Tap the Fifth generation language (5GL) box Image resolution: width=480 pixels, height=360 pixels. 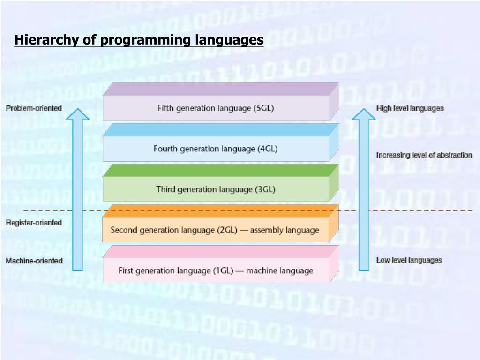[x=216, y=108]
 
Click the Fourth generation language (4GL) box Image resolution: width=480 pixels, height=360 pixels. [x=216, y=149]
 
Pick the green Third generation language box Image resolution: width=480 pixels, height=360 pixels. [x=216, y=189]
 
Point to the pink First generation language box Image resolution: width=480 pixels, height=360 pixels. [x=216, y=270]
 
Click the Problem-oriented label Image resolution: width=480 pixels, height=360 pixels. [x=34, y=108]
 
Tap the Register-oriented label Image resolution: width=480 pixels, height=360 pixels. [x=34, y=223]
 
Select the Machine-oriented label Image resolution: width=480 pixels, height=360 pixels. [x=34, y=261]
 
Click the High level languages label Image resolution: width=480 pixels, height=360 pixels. [x=410, y=108]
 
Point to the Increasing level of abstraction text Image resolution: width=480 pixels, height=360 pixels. [x=424, y=155]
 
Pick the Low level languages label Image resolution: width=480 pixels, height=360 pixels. [x=409, y=260]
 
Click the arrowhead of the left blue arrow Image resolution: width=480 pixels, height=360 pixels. [x=77, y=115]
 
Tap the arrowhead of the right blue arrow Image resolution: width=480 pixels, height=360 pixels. [x=364, y=115]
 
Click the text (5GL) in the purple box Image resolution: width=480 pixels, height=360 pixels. [x=263, y=108]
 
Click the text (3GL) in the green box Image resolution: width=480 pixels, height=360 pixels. [x=265, y=189]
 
